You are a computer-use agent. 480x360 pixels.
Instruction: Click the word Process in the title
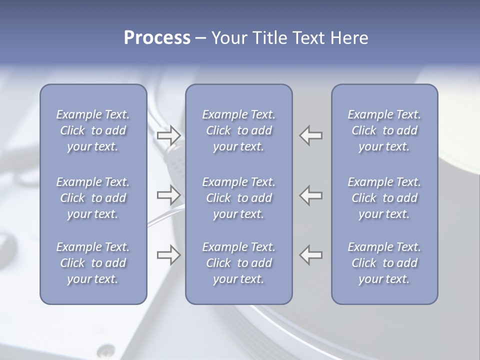point(157,38)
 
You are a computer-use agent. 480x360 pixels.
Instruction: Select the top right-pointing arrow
point(168,135)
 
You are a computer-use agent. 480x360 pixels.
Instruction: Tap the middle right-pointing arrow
point(168,195)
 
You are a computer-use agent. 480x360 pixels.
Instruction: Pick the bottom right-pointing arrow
point(168,255)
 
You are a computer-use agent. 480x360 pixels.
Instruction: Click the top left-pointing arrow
point(311,135)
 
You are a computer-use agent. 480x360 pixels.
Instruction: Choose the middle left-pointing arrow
point(311,195)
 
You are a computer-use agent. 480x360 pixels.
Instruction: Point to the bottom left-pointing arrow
point(311,255)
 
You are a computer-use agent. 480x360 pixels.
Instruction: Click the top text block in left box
point(93,130)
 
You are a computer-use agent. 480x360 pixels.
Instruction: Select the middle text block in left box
point(93,198)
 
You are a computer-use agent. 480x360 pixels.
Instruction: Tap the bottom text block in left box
point(93,263)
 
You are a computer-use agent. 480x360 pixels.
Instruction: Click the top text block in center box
point(239,130)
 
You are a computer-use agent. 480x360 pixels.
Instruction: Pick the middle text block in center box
point(239,198)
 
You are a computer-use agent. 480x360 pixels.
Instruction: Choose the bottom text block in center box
point(239,263)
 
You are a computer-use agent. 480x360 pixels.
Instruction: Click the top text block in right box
point(384,130)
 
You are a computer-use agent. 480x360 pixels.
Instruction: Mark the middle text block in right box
point(384,198)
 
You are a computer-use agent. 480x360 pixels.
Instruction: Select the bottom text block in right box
point(384,263)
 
